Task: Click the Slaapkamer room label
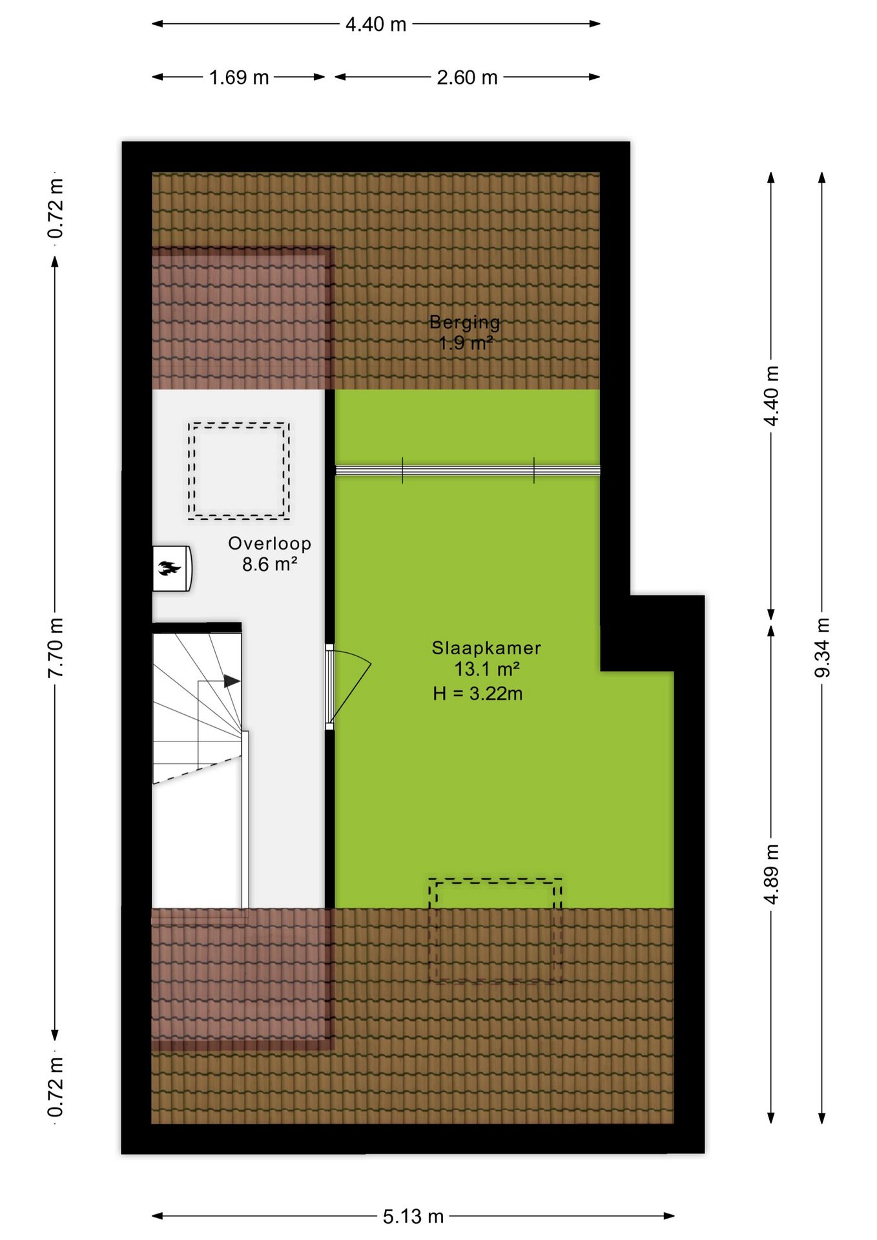tap(486, 648)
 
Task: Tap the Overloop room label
tap(270, 544)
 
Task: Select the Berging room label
tap(465, 322)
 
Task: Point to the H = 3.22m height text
tap(478, 694)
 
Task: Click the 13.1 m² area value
tap(487, 668)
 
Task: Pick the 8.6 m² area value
tap(270, 564)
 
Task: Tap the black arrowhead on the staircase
tap(232, 681)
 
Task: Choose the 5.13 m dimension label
tap(413, 1217)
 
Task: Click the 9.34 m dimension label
tap(822, 648)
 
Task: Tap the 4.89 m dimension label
tap(771, 874)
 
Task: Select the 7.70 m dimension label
tap(56, 648)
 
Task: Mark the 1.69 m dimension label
tap(239, 77)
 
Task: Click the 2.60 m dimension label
tap(467, 77)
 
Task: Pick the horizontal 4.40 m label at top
tap(376, 25)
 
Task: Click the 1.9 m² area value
tap(466, 343)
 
